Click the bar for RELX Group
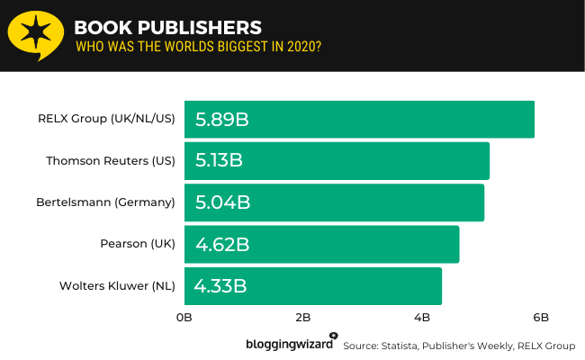360,119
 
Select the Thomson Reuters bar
337,161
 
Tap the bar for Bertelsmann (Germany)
335,202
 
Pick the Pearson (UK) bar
322,244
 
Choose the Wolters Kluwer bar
313,286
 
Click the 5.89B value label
221,119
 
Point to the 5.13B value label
220,161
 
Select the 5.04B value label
221,202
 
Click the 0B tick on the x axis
184,317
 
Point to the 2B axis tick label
303,317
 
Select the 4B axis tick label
422,317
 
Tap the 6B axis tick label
541,317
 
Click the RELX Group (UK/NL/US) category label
106,119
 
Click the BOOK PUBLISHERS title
168,26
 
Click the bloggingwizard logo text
289,344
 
